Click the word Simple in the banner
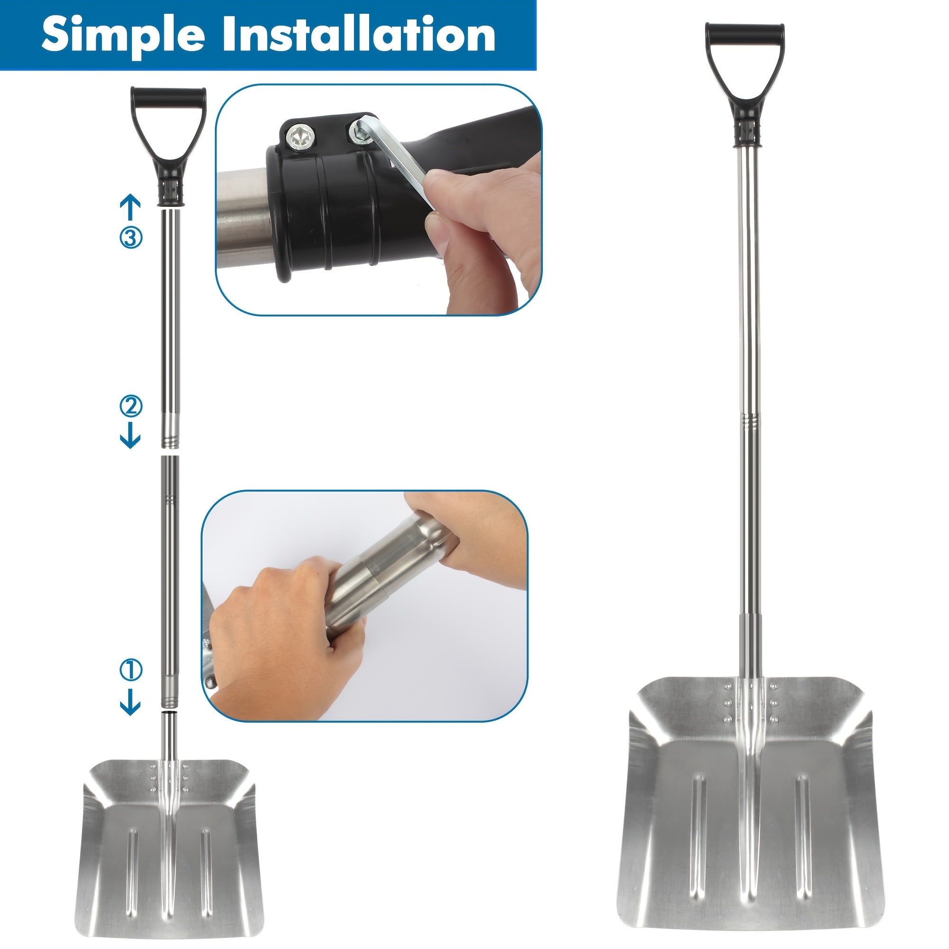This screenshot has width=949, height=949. [123, 34]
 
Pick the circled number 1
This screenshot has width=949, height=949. [130, 670]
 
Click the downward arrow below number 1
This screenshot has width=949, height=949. [130, 702]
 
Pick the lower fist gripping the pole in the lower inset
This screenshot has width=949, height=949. [285, 639]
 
